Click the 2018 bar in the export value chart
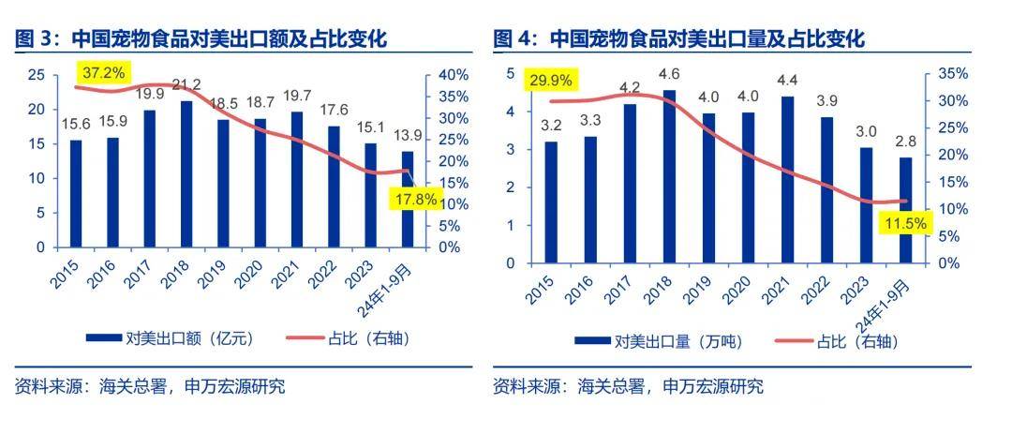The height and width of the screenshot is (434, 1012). [x=187, y=174]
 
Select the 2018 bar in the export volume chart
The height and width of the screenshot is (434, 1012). [x=669, y=176]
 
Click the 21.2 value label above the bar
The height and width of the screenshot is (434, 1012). [x=187, y=86]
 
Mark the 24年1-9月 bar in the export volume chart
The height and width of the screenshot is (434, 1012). [x=905, y=210]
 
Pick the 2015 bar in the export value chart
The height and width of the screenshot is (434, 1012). [x=76, y=194]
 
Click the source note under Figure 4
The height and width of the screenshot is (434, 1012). [x=628, y=386]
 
